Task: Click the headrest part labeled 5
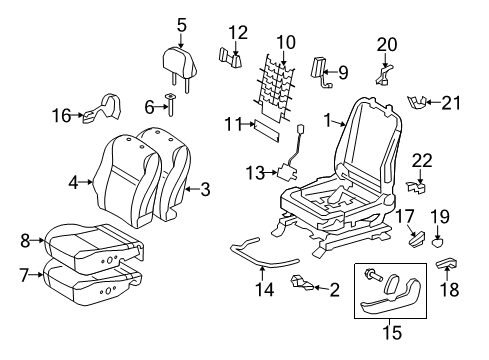pyautogui.click(x=181, y=68)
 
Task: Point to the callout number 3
pyautogui.click(x=205, y=188)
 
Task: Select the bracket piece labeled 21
pyautogui.click(x=427, y=101)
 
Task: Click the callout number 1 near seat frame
pyautogui.click(x=325, y=122)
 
